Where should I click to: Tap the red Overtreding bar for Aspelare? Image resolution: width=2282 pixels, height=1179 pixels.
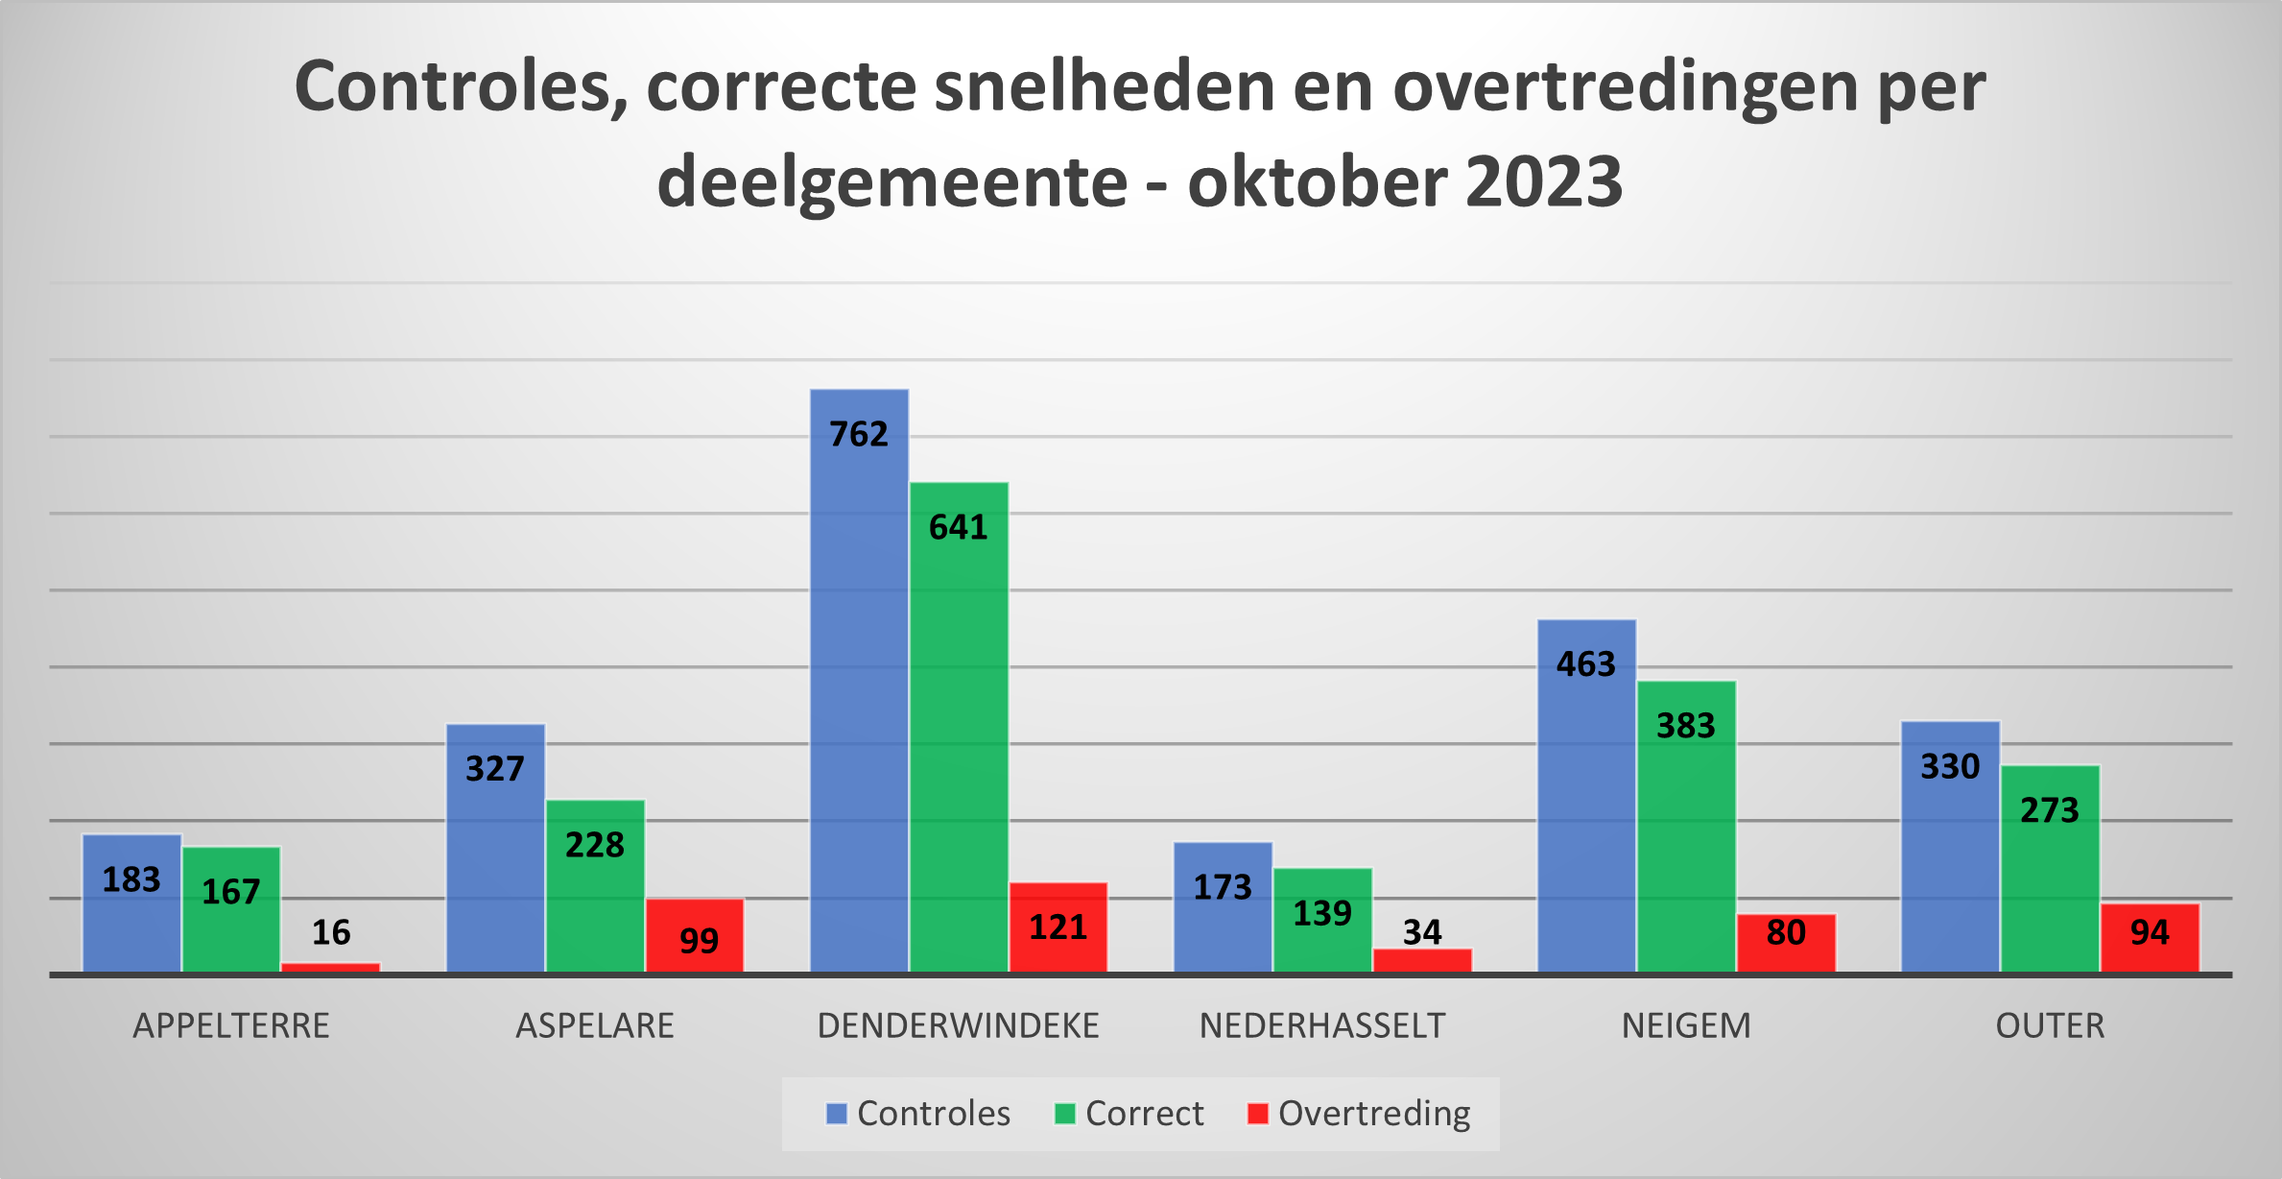click(695, 935)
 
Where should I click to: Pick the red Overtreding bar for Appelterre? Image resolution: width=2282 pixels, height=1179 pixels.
click(330, 967)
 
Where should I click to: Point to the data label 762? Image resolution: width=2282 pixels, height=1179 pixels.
click(859, 435)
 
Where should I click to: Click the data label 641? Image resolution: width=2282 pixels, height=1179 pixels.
click(958, 528)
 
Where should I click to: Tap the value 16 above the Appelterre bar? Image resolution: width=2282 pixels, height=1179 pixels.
click(331, 932)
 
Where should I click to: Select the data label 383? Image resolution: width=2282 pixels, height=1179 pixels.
click(1686, 726)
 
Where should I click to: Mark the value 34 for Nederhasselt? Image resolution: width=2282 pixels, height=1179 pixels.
click(1422, 932)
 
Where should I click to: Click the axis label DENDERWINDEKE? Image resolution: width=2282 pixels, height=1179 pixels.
click(958, 1026)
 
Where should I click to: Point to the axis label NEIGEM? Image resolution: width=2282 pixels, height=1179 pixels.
click(1686, 1026)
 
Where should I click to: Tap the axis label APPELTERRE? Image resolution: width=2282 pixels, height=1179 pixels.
click(231, 1026)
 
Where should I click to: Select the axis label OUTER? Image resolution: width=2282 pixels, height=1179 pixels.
click(2050, 1026)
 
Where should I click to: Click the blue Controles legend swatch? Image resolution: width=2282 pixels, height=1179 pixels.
click(837, 1114)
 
